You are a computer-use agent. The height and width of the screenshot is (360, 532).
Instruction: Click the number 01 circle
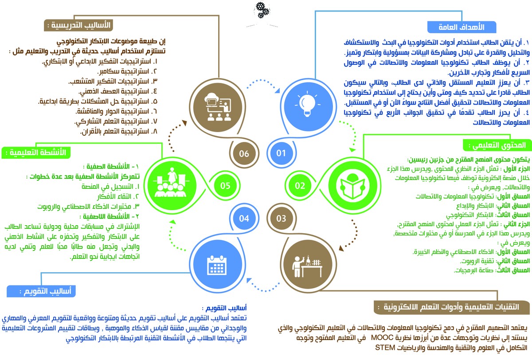(x=281, y=153)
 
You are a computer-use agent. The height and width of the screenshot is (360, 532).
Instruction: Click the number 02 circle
(x=300, y=185)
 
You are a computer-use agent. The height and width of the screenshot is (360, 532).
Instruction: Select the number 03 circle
(x=281, y=218)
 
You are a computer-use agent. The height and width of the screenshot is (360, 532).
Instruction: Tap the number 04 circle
(x=244, y=218)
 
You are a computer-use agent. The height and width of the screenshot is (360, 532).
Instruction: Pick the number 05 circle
(x=225, y=185)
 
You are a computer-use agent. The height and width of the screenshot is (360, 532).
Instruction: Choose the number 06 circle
(x=244, y=153)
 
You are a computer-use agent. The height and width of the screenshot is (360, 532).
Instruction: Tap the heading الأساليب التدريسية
(x=77, y=25)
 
